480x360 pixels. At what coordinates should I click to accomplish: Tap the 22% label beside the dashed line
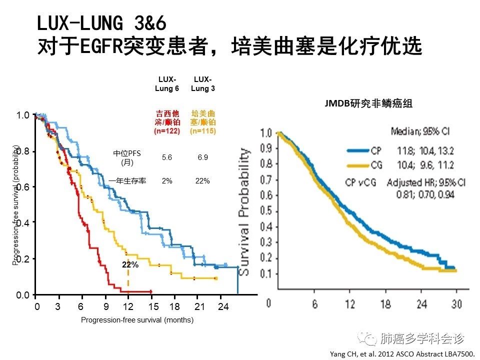click(x=130, y=265)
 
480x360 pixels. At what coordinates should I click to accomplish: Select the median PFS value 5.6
click(x=167, y=157)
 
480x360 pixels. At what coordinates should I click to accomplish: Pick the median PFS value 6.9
click(x=202, y=157)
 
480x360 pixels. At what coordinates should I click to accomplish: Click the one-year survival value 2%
click(x=167, y=181)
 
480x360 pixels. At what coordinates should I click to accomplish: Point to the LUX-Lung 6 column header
click(x=167, y=84)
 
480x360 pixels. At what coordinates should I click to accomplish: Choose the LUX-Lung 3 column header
click(x=202, y=84)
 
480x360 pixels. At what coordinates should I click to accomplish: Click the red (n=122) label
click(x=167, y=131)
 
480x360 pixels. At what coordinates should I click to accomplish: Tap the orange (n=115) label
click(x=202, y=131)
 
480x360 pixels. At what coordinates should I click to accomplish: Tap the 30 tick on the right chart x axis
click(x=456, y=304)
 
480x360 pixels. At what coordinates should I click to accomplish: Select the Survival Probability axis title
click(x=245, y=212)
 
